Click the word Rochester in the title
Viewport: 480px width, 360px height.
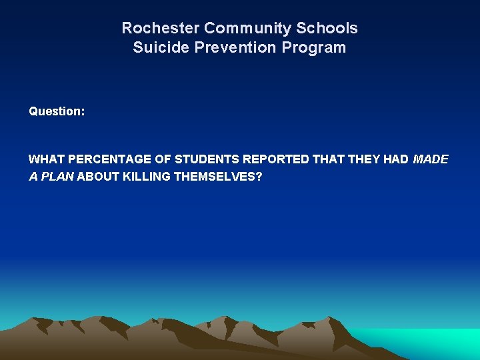160,29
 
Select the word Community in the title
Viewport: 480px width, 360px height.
249,29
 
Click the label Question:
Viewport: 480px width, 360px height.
57,111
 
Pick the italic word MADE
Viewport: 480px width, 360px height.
431,159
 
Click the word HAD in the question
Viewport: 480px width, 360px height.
395,159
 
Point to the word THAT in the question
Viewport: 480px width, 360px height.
329,159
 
